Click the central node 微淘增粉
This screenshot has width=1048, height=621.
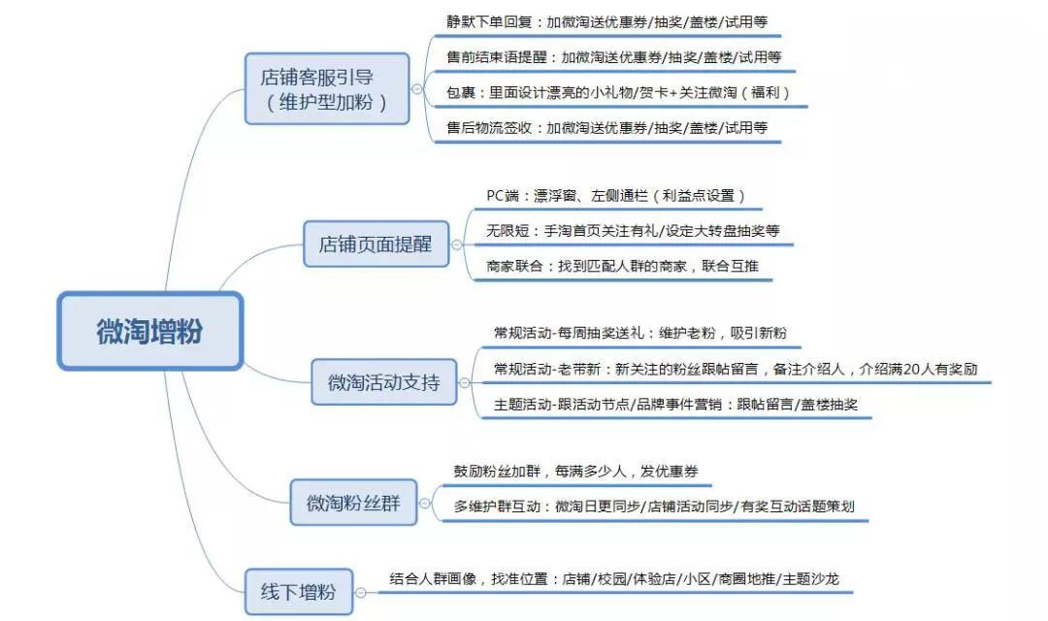pos(149,331)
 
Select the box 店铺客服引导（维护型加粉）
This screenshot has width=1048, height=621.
pos(327,89)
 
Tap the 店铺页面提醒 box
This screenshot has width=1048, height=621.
pos(376,244)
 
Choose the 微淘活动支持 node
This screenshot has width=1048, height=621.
pos(383,381)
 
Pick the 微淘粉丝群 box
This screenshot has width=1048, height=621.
pos(353,502)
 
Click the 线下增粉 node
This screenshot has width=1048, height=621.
pos(298,592)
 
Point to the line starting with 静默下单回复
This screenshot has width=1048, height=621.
pos(606,22)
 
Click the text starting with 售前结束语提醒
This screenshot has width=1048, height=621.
pos(613,57)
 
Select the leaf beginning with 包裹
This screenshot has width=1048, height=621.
pos(618,93)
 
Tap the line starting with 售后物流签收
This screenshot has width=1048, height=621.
pos(606,128)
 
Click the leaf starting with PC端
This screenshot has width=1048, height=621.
pos(615,196)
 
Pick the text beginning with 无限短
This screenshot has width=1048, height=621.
pos(633,231)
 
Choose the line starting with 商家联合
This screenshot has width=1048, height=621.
pos(622,266)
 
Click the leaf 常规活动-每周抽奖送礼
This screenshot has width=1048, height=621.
pos(640,333)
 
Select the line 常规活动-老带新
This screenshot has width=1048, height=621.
pos(736,369)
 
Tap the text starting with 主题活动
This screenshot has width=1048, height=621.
pos(675,405)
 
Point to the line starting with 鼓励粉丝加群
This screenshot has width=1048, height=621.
pos(575,472)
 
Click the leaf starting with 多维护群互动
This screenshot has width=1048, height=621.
pos(654,507)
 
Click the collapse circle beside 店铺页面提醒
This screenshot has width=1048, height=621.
pos(457,245)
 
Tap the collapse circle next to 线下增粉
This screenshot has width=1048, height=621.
pos(361,592)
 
